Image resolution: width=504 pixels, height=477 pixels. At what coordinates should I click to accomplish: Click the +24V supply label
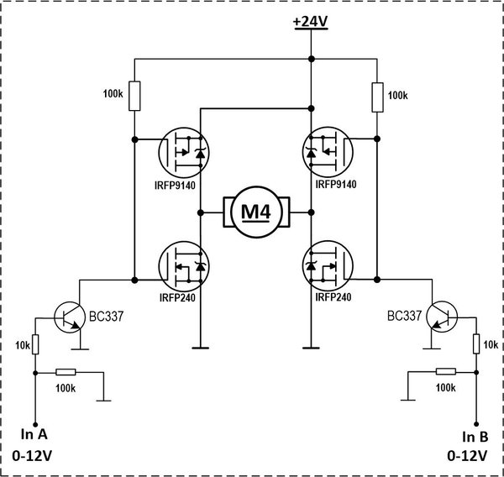pyautogui.click(x=311, y=22)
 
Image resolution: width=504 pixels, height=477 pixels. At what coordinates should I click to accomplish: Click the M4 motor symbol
pyautogui.click(x=256, y=212)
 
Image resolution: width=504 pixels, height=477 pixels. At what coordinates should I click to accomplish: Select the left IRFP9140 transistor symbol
pyautogui.click(x=184, y=152)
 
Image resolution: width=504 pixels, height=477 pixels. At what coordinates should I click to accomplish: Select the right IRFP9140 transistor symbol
pyautogui.click(x=328, y=152)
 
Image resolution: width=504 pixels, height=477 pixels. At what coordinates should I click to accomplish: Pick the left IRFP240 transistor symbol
pyautogui.click(x=184, y=266)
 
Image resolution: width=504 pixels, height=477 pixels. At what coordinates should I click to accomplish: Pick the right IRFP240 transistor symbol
pyautogui.click(x=328, y=266)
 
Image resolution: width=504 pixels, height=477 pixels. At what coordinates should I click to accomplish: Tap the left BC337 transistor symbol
pyautogui.click(x=70, y=317)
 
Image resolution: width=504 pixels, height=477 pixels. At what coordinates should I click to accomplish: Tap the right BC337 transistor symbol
pyautogui.click(x=442, y=317)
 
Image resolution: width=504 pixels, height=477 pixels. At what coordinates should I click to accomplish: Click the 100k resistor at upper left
pyautogui.click(x=134, y=96)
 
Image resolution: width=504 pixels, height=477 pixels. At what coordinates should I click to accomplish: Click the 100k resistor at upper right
pyautogui.click(x=377, y=97)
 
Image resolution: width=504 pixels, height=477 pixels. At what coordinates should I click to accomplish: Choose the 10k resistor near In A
pyautogui.click(x=35, y=344)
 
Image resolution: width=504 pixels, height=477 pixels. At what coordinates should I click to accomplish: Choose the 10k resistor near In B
pyautogui.click(x=476, y=344)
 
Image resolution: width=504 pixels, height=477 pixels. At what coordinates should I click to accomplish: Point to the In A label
pyautogui.click(x=34, y=434)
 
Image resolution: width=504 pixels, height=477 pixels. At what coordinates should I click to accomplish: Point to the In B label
pyautogui.click(x=475, y=438)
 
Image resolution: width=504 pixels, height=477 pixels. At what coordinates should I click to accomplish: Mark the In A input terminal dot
pyautogui.click(x=35, y=425)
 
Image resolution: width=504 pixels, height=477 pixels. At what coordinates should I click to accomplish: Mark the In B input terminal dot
pyautogui.click(x=476, y=424)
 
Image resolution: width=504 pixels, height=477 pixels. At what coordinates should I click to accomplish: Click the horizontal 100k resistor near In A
pyautogui.click(x=66, y=372)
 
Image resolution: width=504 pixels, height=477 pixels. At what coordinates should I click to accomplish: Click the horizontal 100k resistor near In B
pyautogui.click(x=446, y=372)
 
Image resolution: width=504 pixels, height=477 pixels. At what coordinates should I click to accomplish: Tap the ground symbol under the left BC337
pyautogui.click(x=80, y=349)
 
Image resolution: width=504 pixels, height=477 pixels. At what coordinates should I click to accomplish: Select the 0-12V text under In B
pyautogui.click(x=467, y=456)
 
